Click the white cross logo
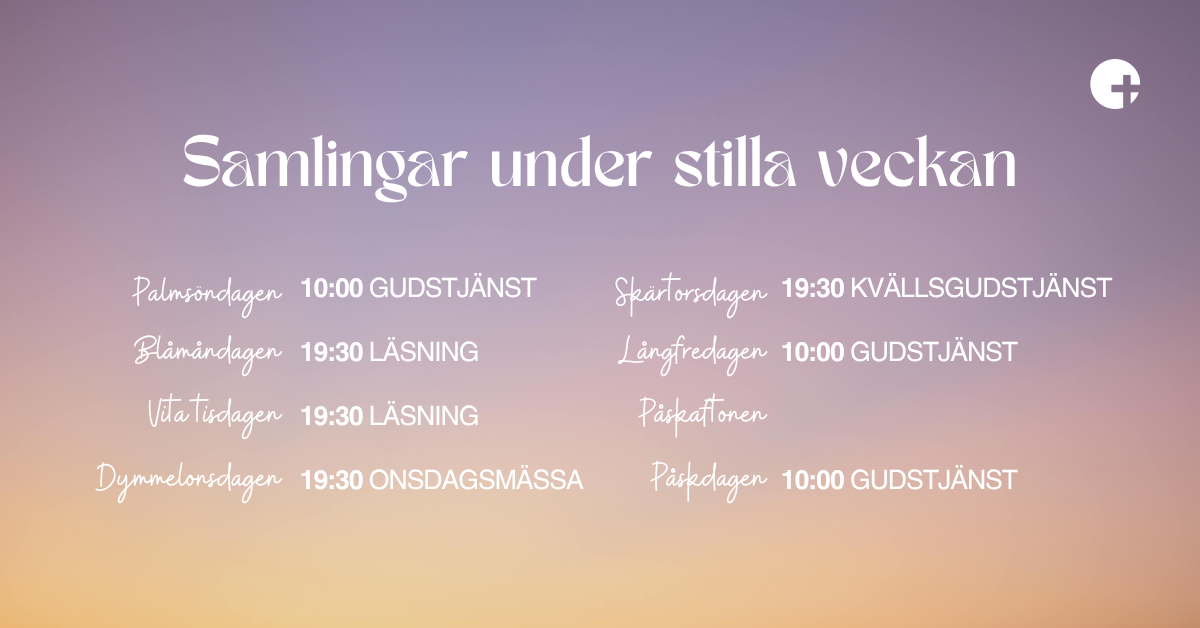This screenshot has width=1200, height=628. (x=1114, y=84)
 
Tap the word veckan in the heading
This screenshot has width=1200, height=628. (x=916, y=162)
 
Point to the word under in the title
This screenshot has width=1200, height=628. (x=571, y=162)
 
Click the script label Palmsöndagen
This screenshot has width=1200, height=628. (x=207, y=295)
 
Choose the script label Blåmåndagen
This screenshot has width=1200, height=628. (x=208, y=354)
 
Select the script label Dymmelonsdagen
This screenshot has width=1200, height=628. (x=189, y=481)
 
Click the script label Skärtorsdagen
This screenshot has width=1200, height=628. (x=691, y=295)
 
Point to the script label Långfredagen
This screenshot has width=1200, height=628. (x=693, y=355)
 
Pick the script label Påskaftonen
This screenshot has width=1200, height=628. (x=703, y=416)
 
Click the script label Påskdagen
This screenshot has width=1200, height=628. (x=709, y=481)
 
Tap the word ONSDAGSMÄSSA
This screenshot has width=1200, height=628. (x=476, y=480)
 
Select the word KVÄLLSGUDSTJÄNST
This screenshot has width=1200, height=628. (x=981, y=288)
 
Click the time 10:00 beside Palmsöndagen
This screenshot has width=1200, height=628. (x=332, y=288)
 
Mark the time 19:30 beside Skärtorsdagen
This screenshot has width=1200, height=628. (x=813, y=288)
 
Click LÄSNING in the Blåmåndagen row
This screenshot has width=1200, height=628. (x=424, y=351)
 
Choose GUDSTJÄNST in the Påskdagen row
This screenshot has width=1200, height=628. (x=934, y=480)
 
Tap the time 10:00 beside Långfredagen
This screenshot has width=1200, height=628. (x=813, y=352)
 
